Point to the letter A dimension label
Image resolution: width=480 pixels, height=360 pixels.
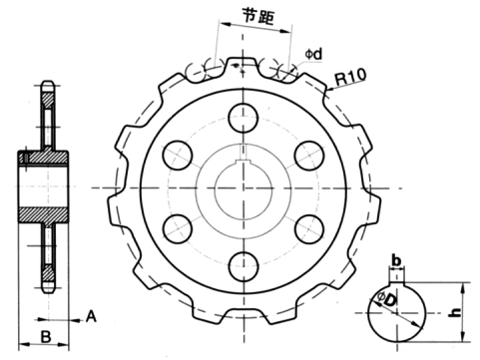point(91,316)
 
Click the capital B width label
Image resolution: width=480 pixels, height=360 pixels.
point(45,335)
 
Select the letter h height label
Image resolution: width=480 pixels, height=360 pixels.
point(455,312)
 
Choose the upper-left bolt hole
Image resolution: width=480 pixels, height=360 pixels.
point(180,154)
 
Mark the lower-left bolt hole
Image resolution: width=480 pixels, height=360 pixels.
point(180,226)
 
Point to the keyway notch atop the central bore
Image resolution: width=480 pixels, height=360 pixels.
point(241,159)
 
